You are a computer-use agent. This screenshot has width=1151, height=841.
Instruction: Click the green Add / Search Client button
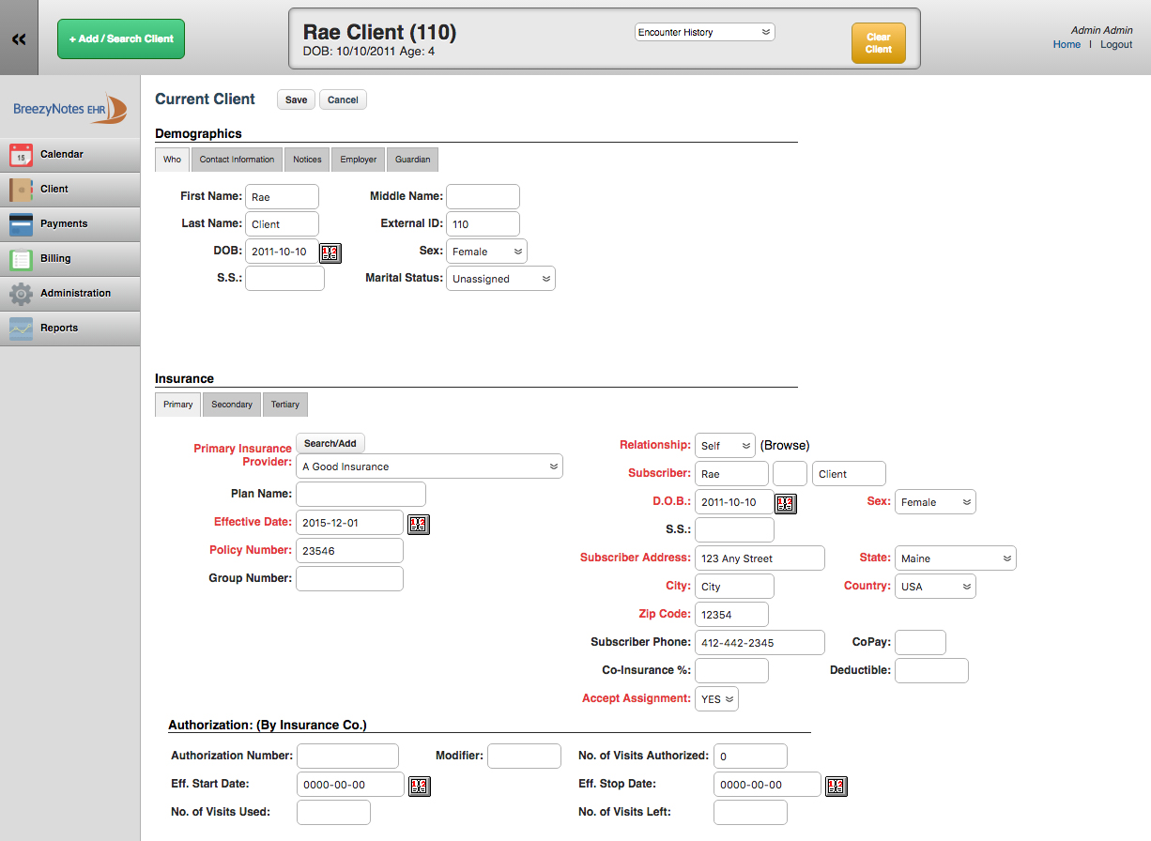tap(121, 39)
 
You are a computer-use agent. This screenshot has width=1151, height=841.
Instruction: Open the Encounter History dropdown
tap(704, 32)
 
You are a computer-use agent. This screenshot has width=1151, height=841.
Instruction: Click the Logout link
tap(1115, 45)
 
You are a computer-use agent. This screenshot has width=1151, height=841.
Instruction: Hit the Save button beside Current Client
tap(296, 99)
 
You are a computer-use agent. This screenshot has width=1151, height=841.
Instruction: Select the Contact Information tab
tap(237, 160)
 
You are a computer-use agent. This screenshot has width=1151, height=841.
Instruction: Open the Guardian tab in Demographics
tap(412, 160)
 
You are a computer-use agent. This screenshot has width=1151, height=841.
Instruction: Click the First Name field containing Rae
tap(282, 197)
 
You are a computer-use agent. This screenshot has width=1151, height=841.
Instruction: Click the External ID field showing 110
tap(483, 224)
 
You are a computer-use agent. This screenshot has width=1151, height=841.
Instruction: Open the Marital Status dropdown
tap(500, 279)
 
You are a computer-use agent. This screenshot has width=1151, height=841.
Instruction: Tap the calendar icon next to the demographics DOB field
tap(330, 252)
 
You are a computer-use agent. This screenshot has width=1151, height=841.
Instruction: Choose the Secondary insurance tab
tap(232, 405)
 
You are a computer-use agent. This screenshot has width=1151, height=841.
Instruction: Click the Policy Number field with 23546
tap(349, 551)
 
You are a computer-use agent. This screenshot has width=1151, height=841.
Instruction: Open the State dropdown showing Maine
tap(955, 558)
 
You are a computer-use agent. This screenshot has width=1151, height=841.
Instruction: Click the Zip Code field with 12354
tap(731, 615)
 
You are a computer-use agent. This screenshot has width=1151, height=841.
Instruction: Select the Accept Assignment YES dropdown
tap(716, 698)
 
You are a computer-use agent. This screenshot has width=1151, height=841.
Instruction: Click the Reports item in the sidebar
tap(69, 329)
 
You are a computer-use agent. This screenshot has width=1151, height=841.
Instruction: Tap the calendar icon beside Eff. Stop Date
tap(836, 786)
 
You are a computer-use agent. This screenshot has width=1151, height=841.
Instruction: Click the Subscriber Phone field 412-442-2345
tap(760, 642)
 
